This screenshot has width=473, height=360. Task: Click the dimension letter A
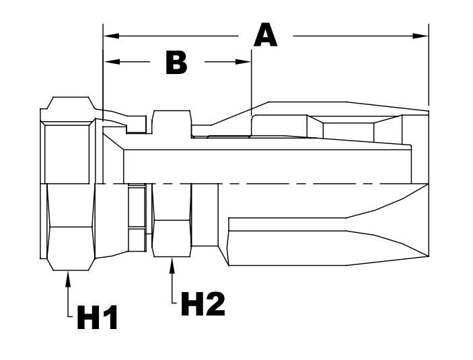265,34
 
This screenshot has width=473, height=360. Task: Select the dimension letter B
176,62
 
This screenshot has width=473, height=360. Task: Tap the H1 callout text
98,317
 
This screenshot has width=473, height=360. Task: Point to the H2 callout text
202,304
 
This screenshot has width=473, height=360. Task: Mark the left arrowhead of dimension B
109,62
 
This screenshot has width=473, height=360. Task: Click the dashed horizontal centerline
269,183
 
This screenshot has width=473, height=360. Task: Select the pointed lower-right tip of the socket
427,256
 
